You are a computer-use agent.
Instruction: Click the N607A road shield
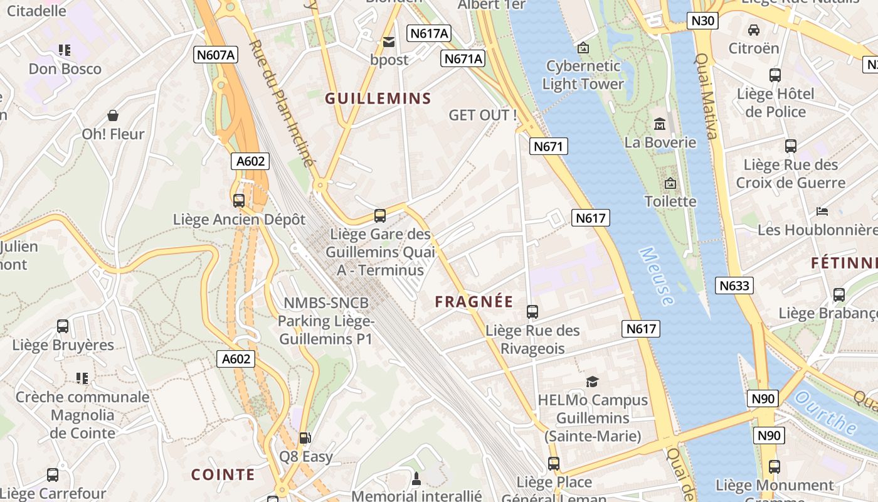(215, 55)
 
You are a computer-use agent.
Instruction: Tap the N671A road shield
(463, 58)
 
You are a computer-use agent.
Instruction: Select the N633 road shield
(734, 286)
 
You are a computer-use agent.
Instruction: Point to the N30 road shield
(702, 21)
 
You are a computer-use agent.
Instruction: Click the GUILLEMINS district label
(378, 99)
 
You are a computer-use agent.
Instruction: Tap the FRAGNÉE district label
(474, 302)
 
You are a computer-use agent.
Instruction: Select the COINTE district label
(223, 474)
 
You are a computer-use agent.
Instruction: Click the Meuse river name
(657, 276)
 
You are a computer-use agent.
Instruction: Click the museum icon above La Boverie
(659, 124)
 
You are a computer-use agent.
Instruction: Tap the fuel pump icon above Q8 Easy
(305, 438)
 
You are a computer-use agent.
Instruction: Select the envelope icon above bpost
(389, 42)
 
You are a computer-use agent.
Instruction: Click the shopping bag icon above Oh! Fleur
(113, 115)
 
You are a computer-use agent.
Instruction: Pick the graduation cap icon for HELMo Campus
(592, 382)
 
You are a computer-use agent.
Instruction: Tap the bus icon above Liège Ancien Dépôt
(239, 201)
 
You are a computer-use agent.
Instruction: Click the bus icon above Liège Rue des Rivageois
(532, 311)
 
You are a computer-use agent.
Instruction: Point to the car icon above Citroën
(754, 29)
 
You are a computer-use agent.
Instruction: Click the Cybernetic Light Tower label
(583, 75)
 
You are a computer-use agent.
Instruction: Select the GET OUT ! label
(483, 115)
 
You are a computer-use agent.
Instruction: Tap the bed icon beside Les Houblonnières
(822, 211)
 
